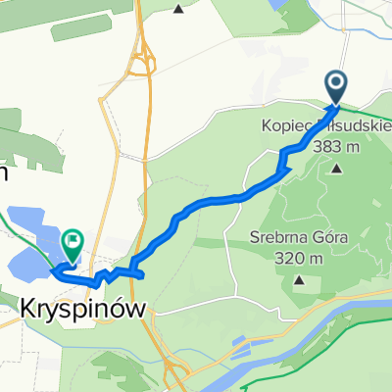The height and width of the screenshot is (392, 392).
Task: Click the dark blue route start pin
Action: click(x=335, y=85)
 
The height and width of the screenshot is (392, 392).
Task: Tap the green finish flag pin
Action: click(x=73, y=238)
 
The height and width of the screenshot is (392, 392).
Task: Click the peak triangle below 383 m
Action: click(x=337, y=168)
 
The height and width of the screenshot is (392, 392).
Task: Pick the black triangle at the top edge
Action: click(x=178, y=9)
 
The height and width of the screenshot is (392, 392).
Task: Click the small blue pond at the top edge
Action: click(x=285, y=5)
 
